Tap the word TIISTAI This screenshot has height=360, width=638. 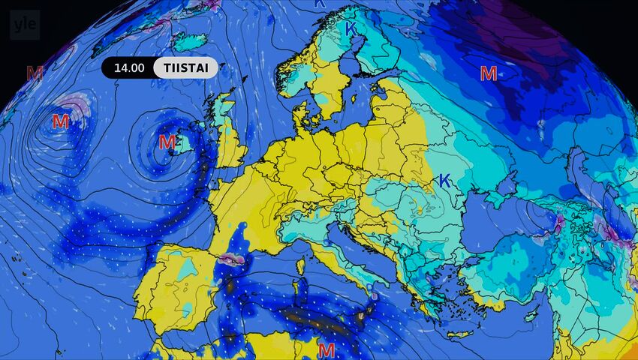tap(185, 67)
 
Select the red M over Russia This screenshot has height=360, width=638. tap(489, 73)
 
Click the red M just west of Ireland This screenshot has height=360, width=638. tap(167, 141)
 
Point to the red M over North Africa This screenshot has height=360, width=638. tap(327, 349)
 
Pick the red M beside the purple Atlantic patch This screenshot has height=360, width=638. tap(61, 121)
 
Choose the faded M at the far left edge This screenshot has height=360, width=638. tap(35, 73)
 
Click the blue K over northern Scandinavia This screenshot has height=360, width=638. tap(351, 28)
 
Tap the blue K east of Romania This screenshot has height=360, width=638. tap(444, 180)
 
